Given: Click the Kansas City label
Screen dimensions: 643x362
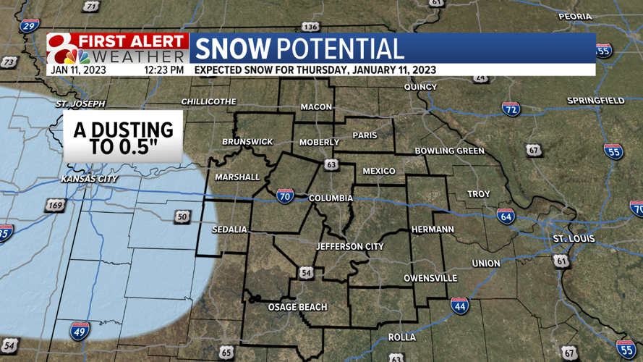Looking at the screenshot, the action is click(90, 179).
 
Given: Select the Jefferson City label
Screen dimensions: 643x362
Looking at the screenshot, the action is click(350, 247).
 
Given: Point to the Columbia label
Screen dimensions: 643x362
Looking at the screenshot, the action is click(331, 198).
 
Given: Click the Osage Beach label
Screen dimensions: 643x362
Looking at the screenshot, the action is click(298, 307).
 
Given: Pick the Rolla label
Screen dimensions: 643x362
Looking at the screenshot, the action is click(402, 337).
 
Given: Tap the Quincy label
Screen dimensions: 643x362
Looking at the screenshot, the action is click(421, 88).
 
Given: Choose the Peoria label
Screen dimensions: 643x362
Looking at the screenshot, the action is click(574, 17).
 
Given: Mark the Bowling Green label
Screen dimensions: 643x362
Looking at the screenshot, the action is click(449, 151).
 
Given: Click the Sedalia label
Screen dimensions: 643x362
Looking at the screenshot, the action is click(229, 230).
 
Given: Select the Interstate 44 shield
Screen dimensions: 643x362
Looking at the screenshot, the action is click(459, 305).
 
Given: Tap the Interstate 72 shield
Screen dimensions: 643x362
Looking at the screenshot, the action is click(511, 109).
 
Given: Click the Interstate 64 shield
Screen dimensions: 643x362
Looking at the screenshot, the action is click(506, 215).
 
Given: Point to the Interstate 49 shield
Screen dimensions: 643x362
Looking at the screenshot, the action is click(80, 331).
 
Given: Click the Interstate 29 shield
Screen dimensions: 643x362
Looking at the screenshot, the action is click(29, 27).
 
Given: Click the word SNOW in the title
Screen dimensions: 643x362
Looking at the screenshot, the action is click(232, 49).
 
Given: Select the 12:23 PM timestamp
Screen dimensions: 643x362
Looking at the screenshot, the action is click(163, 70).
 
